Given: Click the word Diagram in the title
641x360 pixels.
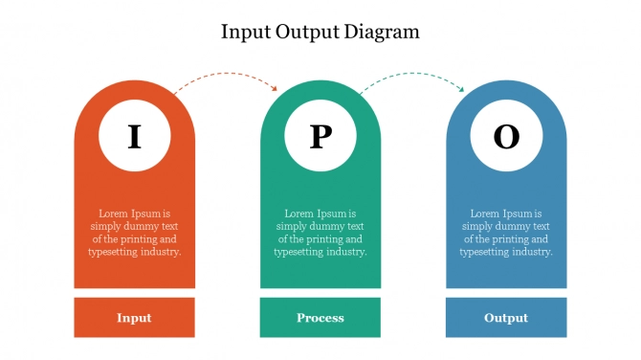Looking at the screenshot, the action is pos(382,32).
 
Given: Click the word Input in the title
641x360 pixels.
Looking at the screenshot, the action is pos(246,33).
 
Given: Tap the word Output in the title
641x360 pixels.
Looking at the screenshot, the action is pos(307,32).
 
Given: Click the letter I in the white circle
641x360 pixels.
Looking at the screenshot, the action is pos(135,136).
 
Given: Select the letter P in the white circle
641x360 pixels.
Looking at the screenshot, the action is pos(320,136).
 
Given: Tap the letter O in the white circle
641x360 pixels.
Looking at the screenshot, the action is pos(506,136).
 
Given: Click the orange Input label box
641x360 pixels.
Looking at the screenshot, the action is pos(135,318).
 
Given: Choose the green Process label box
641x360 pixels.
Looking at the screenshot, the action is pos(320,318).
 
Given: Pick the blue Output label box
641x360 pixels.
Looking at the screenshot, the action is pos(506,318).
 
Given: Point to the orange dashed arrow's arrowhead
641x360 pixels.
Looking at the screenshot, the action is pos(275,88).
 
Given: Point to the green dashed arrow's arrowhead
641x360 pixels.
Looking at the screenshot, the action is pos(461,89).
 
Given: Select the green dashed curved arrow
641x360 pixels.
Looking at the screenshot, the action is pos(412,74).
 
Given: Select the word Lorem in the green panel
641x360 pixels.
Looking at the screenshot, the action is pos(298,214).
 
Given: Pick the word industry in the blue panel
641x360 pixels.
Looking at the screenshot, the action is pos(532,252).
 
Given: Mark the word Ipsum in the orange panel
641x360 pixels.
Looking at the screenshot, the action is pos(145,214).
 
